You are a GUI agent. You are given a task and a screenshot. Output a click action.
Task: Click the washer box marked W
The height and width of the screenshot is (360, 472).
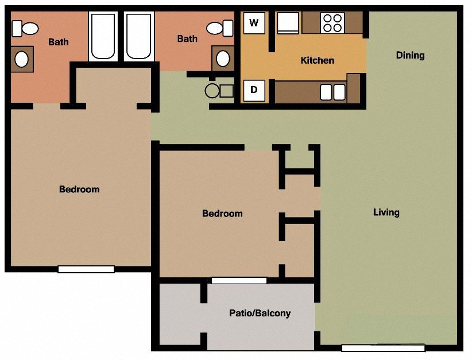click(254, 24)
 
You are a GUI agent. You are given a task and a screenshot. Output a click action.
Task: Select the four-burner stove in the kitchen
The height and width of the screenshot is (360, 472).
click(332, 23)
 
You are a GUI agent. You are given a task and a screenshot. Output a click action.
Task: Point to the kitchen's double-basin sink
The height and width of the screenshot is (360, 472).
click(332, 92)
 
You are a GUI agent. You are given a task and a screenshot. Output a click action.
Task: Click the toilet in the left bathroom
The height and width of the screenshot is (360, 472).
click(25, 28)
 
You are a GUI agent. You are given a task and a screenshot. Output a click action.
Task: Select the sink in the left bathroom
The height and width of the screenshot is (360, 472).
click(22, 59)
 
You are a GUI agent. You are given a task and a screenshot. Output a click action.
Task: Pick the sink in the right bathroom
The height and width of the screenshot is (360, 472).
click(223, 59)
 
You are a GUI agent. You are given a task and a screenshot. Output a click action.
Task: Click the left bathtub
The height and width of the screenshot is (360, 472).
click(103, 37)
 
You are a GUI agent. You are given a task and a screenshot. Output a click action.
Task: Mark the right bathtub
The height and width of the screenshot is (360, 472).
click(138, 37)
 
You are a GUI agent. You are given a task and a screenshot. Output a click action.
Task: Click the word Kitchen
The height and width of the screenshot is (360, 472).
click(317, 60)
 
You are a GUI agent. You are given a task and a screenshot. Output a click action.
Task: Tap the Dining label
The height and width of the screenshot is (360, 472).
click(410, 55)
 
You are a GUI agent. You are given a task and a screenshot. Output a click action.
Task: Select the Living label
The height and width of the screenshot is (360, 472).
click(386, 212)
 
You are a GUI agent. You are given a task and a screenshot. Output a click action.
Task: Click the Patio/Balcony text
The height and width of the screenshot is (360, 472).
click(260, 313)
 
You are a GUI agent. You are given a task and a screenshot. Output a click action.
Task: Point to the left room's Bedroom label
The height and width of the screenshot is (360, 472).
click(79, 189)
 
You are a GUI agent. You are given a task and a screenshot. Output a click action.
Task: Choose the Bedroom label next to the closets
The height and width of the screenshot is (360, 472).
click(222, 214)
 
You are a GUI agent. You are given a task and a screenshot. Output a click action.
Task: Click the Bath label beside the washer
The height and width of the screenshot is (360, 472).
click(187, 39)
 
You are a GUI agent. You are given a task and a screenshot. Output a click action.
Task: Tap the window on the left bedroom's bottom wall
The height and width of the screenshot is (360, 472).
click(86, 269)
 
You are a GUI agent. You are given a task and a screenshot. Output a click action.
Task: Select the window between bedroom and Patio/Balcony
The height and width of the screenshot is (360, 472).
click(239, 281)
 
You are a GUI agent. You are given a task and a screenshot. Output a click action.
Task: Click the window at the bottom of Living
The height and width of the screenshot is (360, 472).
click(383, 347)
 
